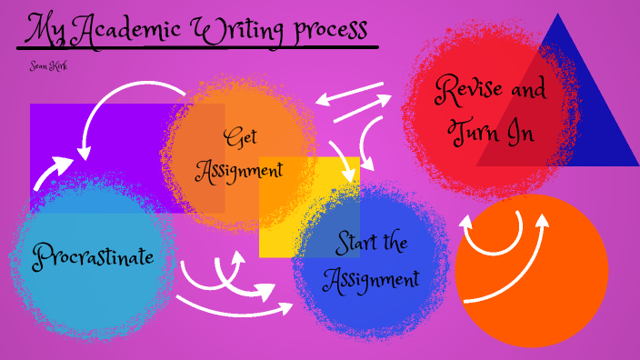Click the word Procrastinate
94,256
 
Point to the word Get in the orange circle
241,138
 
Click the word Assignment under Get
240,169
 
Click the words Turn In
491,133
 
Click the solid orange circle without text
545,300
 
